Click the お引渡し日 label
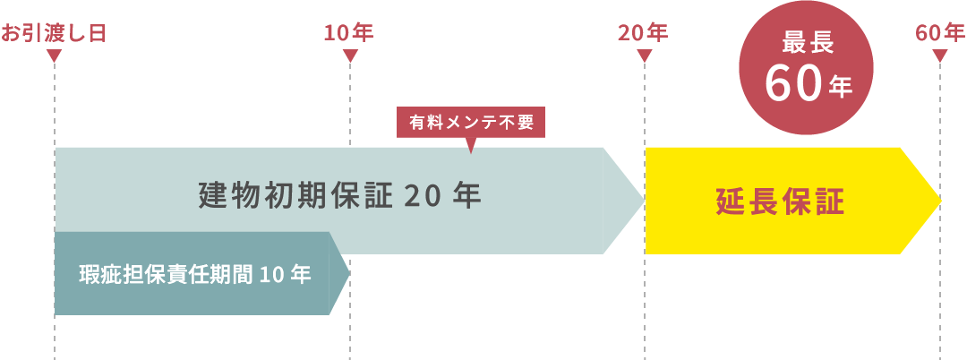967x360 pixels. pyautogui.click(x=54, y=34)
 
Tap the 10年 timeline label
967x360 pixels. pyautogui.click(x=349, y=34)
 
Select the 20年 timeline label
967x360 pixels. pyautogui.click(x=643, y=34)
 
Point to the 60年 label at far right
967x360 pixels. pyautogui.click(x=940, y=34)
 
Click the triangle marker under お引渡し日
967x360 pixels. pyautogui.click(x=54, y=56)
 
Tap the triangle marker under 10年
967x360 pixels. pyautogui.click(x=350, y=56)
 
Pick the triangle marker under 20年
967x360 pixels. pyautogui.click(x=645, y=56)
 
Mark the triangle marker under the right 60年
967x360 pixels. pyautogui.click(x=940, y=56)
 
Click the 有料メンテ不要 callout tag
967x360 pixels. pyautogui.click(x=471, y=123)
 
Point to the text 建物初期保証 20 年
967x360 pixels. pyautogui.click(x=339, y=195)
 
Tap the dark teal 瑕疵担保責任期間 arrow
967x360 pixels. pyautogui.click(x=197, y=273)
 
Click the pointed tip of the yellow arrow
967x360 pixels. pyautogui.click(x=937, y=200)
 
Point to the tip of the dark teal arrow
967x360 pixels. pyautogui.click(x=347, y=273)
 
